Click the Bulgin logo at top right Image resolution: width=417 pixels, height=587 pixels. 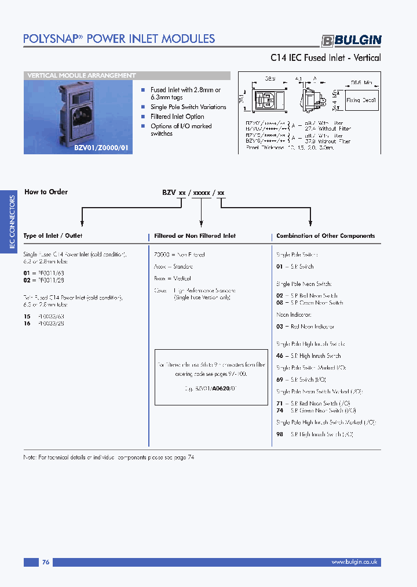[352, 40]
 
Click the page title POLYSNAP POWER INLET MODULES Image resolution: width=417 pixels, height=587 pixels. [119, 39]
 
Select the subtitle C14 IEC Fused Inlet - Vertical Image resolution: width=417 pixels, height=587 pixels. [325, 58]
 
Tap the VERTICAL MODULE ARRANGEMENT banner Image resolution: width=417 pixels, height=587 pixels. [82, 75]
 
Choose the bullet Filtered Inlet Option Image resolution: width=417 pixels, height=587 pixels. [177, 117]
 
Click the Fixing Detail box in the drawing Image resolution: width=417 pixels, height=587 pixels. [361, 100]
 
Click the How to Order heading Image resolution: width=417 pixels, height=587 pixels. [46, 192]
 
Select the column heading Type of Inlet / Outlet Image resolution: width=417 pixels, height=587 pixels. [53, 235]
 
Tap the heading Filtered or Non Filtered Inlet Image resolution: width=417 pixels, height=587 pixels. [195, 236]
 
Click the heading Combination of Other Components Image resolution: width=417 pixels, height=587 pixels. [325, 235]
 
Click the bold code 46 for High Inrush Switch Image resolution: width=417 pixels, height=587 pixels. [280, 356]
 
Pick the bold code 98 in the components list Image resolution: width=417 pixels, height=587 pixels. [280, 434]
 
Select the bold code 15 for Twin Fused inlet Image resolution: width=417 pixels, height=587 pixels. [27, 316]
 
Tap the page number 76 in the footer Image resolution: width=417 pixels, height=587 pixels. [46, 562]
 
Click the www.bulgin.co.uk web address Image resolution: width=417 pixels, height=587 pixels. [354, 562]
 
